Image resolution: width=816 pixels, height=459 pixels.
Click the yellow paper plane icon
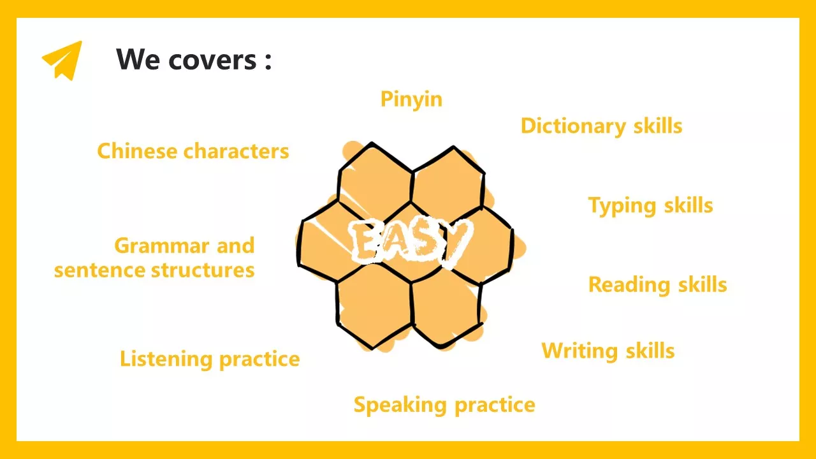click(x=62, y=61)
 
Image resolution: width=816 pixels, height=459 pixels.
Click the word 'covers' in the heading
click(x=212, y=60)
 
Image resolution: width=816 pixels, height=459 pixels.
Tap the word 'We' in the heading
click(x=138, y=59)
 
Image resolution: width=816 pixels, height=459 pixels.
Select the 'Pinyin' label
click(x=411, y=99)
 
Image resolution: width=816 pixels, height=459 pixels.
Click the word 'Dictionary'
click(x=573, y=127)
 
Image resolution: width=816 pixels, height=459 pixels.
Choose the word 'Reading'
click(x=629, y=285)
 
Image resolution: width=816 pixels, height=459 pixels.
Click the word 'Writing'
click(x=579, y=351)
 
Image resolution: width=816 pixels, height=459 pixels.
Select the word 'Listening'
click(x=166, y=360)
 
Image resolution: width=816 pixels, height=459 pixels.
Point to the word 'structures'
click(x=203, y=271)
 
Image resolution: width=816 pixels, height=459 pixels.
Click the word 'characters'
click(x=236, y=152)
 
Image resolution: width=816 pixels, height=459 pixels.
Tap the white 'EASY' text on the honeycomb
click(x=410, y=242)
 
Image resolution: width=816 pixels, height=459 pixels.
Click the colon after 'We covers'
click(x=268, y=61)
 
